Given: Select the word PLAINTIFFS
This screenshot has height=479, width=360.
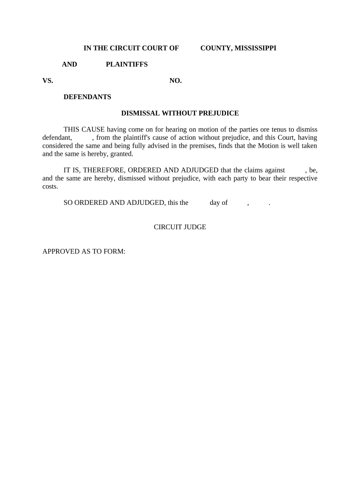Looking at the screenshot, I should [127, 65].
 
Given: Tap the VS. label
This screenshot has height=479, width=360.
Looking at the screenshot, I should [48, 81].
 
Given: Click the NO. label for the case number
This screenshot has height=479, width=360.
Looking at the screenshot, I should [175, 81].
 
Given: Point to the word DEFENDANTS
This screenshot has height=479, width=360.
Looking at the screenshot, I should [87, 97].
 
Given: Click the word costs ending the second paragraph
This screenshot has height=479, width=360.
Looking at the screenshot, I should [50, 186].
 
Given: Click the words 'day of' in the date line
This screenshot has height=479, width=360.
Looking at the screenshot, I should [219, 203].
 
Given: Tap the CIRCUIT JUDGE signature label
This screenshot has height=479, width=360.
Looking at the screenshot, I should [180, 227].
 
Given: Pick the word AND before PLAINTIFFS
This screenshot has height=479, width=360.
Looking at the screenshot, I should [70, 65].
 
